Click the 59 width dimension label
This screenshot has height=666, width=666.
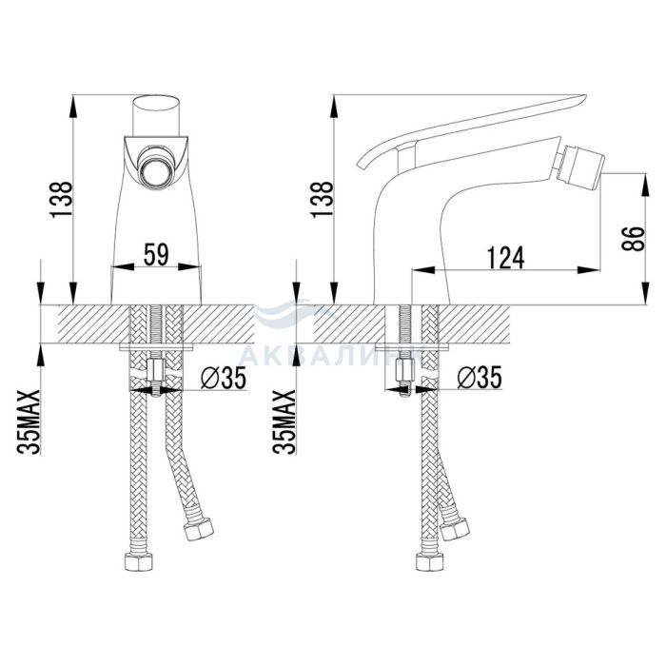156,254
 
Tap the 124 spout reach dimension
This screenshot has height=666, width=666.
505,258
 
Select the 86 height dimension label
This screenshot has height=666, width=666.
633,239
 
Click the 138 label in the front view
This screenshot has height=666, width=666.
62,200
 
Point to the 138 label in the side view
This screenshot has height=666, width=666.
323,200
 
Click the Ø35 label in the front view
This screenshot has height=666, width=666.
224,378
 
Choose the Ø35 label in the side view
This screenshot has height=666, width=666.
480,377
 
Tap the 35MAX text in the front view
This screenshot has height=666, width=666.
29,422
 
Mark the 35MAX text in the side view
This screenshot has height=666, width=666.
284,422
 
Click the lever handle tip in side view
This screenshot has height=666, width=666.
583,98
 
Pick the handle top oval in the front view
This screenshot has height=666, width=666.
156,104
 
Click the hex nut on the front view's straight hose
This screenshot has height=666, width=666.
139,561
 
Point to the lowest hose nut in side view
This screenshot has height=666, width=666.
430,562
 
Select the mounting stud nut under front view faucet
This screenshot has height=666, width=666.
155,370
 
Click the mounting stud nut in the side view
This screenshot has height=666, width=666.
404,370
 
